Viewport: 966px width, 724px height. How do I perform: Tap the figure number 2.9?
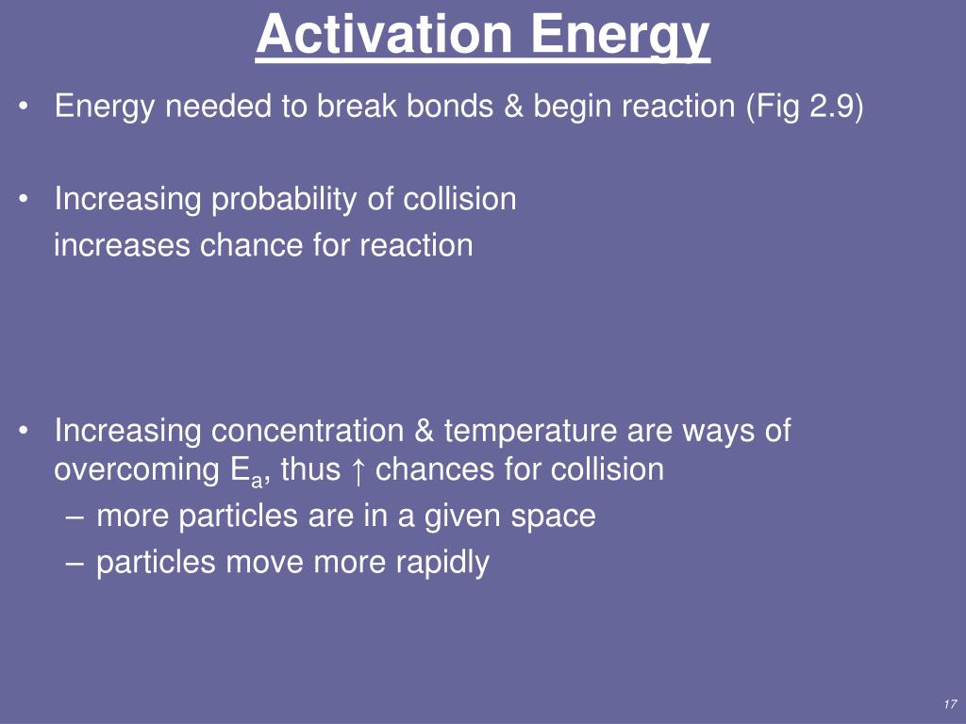pos(830,106)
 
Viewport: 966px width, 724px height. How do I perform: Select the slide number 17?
pos(949,704)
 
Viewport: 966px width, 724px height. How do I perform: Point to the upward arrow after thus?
pos(358,470)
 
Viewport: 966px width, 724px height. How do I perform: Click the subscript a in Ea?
pos(257,480)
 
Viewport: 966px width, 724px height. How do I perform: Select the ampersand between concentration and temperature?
pos(424,430)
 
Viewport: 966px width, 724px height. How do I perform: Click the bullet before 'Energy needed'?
pos(24,106)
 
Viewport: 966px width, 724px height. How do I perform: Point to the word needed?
pos(218,106)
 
